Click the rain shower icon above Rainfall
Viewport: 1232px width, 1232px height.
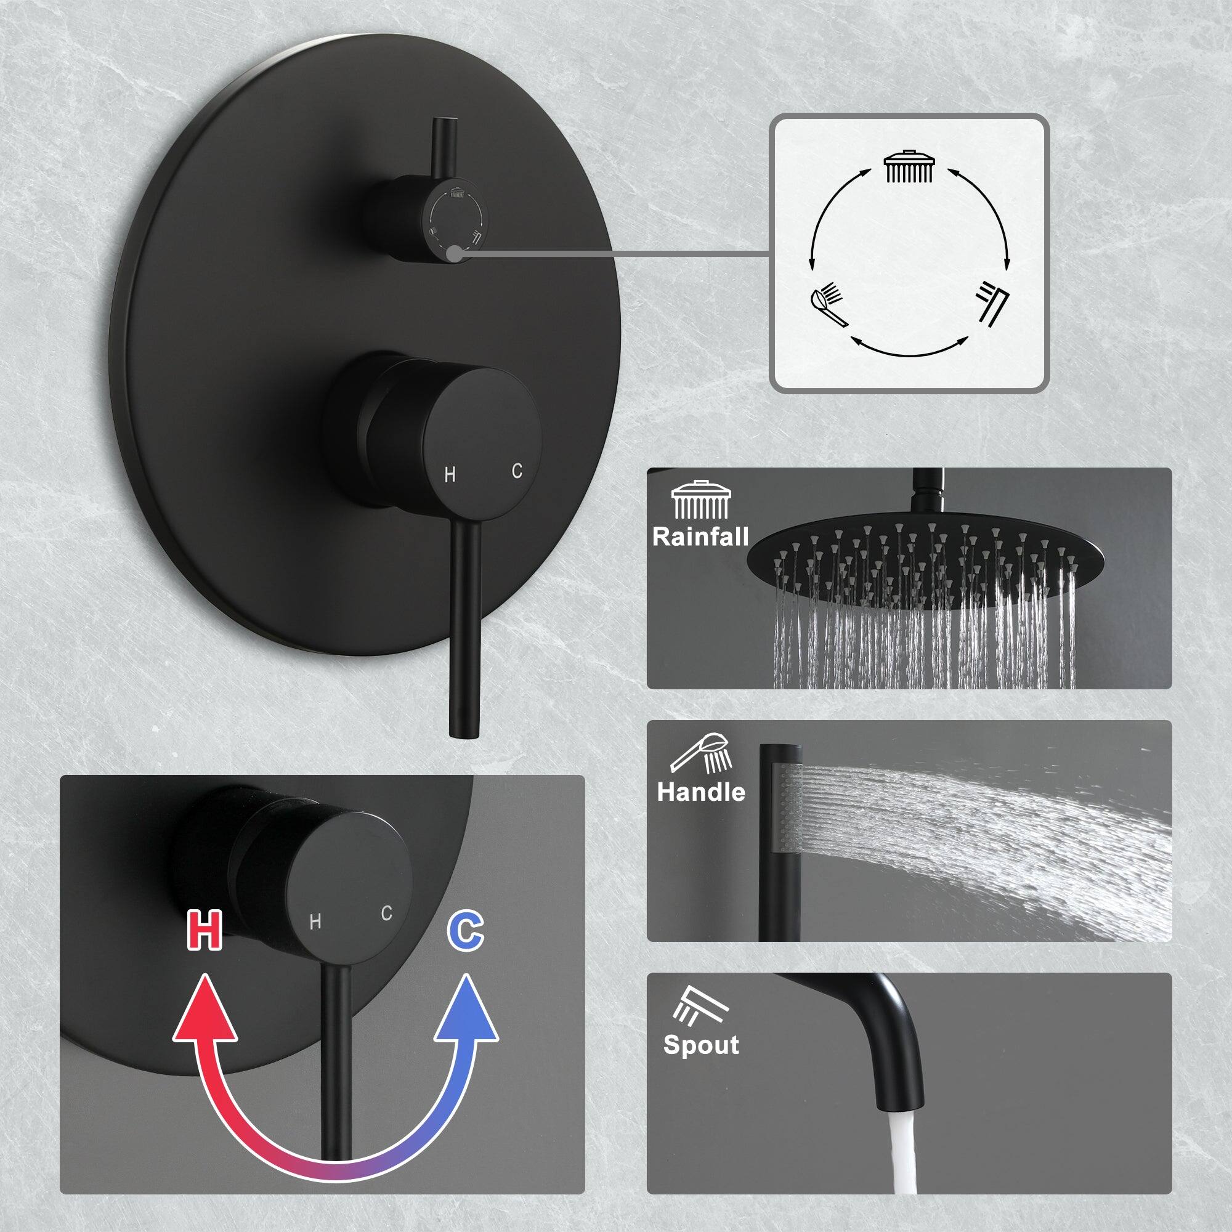click(x=701, y=500)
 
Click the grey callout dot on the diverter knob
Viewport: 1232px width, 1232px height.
click(x=454, y=253)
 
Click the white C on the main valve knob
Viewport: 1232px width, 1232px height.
click(x=517, y=471)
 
